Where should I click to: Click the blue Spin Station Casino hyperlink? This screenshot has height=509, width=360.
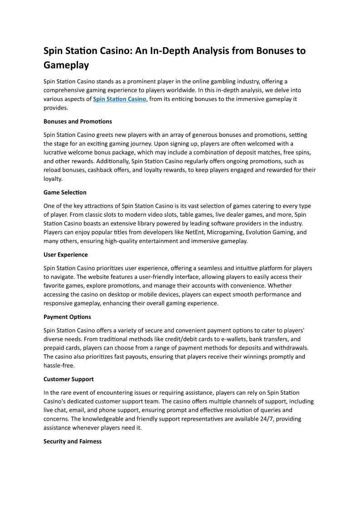click(x=120, y=99)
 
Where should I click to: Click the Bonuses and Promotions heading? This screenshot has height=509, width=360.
click(x=78, y=121)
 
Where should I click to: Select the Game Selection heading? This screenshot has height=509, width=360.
click(x=65, y=193)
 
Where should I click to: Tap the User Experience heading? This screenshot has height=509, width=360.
click(x=66, y=255)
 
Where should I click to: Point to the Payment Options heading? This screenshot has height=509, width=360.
click(x=67, y=317)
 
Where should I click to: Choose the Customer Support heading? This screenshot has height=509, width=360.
click(x=68, y=379)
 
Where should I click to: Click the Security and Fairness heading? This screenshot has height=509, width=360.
click(x=73, y=441)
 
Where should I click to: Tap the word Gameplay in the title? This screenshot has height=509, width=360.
click(x=66, y=65)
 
